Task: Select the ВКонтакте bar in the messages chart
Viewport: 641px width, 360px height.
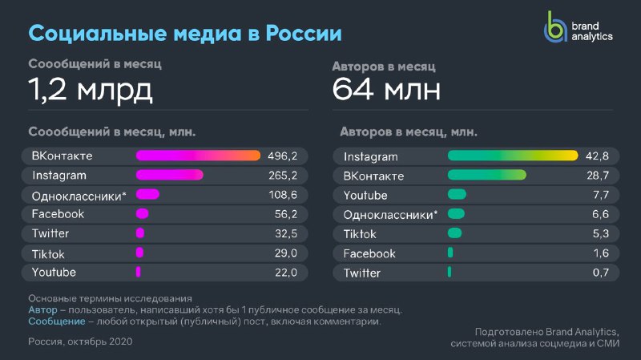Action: [199, 156]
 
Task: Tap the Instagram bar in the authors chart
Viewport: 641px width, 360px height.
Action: [513, 156]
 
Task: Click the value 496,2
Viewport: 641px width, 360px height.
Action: [283, 156]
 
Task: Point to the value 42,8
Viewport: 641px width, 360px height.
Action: [597, 156]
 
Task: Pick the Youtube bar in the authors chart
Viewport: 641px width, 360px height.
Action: [457, 195]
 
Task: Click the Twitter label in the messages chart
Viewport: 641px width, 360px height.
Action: [50, 233]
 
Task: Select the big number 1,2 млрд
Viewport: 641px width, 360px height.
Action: [90, 90]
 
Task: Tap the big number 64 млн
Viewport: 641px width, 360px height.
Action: [386, 90]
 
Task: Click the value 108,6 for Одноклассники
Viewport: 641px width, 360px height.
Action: [283, 195]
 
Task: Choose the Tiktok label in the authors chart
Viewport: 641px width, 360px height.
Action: [360, 234]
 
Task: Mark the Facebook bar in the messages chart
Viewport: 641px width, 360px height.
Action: [143, 214]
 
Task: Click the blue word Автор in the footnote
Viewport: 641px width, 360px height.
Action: [42, 309]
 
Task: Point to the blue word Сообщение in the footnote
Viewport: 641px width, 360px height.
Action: [56, 322]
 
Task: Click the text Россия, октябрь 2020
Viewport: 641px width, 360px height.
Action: [80, 342]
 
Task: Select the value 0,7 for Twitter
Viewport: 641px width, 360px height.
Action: [600, 273]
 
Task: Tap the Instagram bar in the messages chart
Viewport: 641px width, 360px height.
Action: [170, 175]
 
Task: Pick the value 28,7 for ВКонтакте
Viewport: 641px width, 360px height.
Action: [598, 176]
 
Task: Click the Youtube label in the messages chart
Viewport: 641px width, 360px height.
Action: [54, 273]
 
